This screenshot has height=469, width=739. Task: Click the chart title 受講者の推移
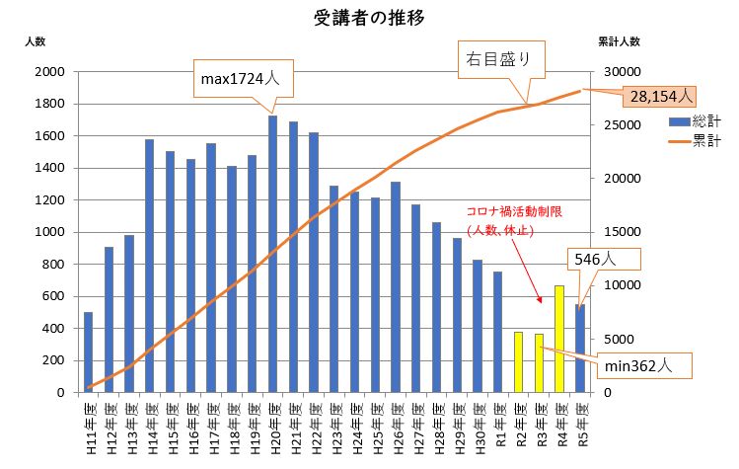(x=369, y=18)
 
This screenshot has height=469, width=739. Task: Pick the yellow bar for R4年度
(x=558, y=339)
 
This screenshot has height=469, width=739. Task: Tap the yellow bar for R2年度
(x=518, y=361)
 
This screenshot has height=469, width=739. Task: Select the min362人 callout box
(x=639, y=364)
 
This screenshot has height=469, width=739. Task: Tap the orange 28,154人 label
(x=658, y=96)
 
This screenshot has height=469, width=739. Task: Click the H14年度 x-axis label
(x=151, y=428)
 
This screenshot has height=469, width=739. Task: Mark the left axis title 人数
(x=36, y=41)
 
